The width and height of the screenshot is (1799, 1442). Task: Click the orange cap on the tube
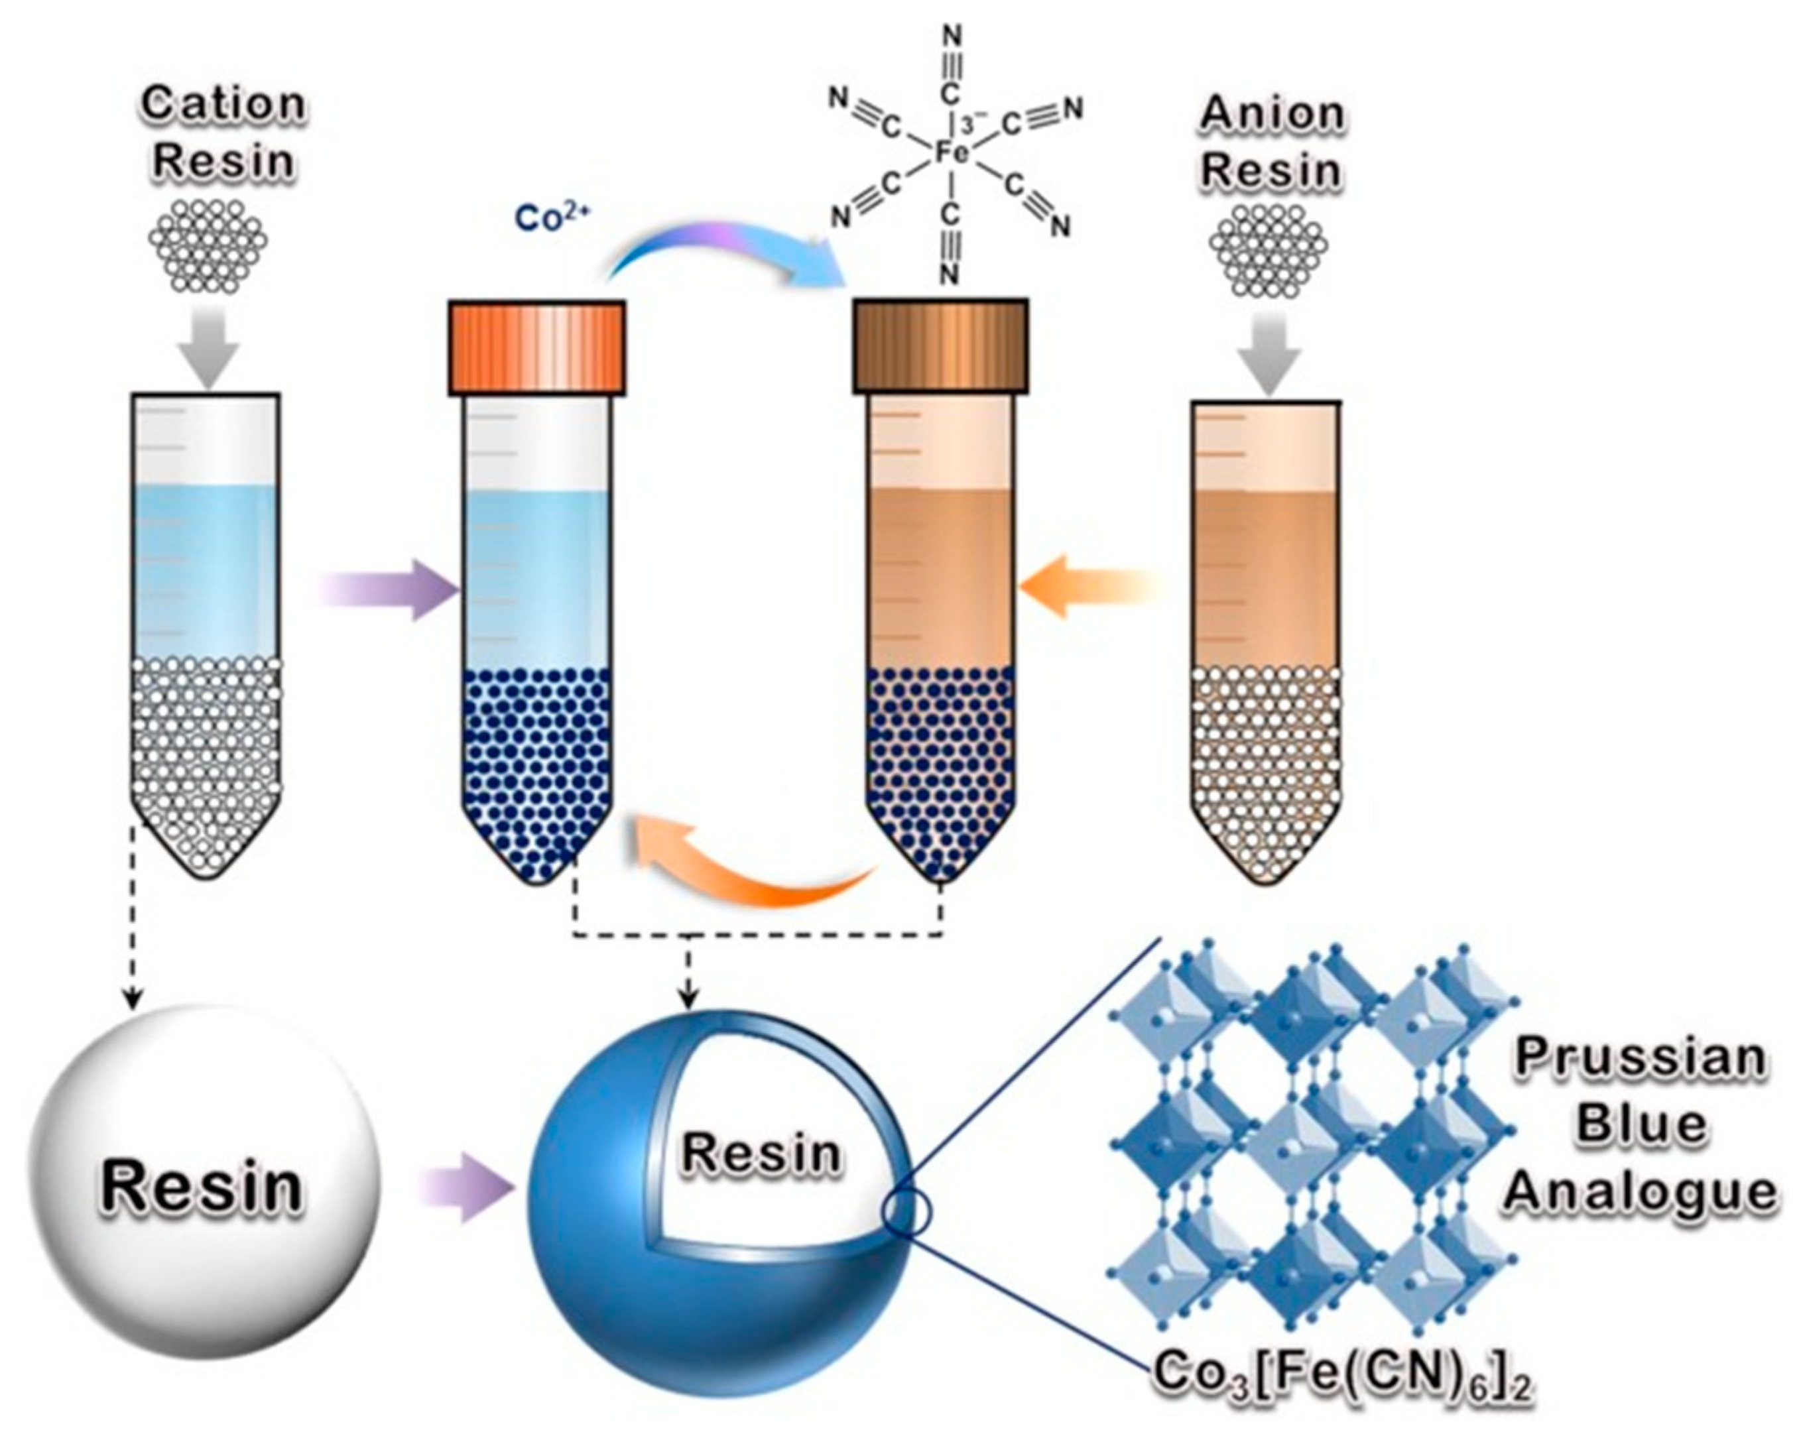[x=536, y=347]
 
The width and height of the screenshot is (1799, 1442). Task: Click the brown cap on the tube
[x=940, y=345]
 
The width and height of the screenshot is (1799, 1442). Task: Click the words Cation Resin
[x=223, y=132]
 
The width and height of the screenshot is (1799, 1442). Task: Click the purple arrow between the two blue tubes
[x=392, y=590]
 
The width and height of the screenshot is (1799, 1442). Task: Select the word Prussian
[x=1640, y=1057]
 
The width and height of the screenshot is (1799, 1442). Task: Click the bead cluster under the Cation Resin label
[x=208, y=245]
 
